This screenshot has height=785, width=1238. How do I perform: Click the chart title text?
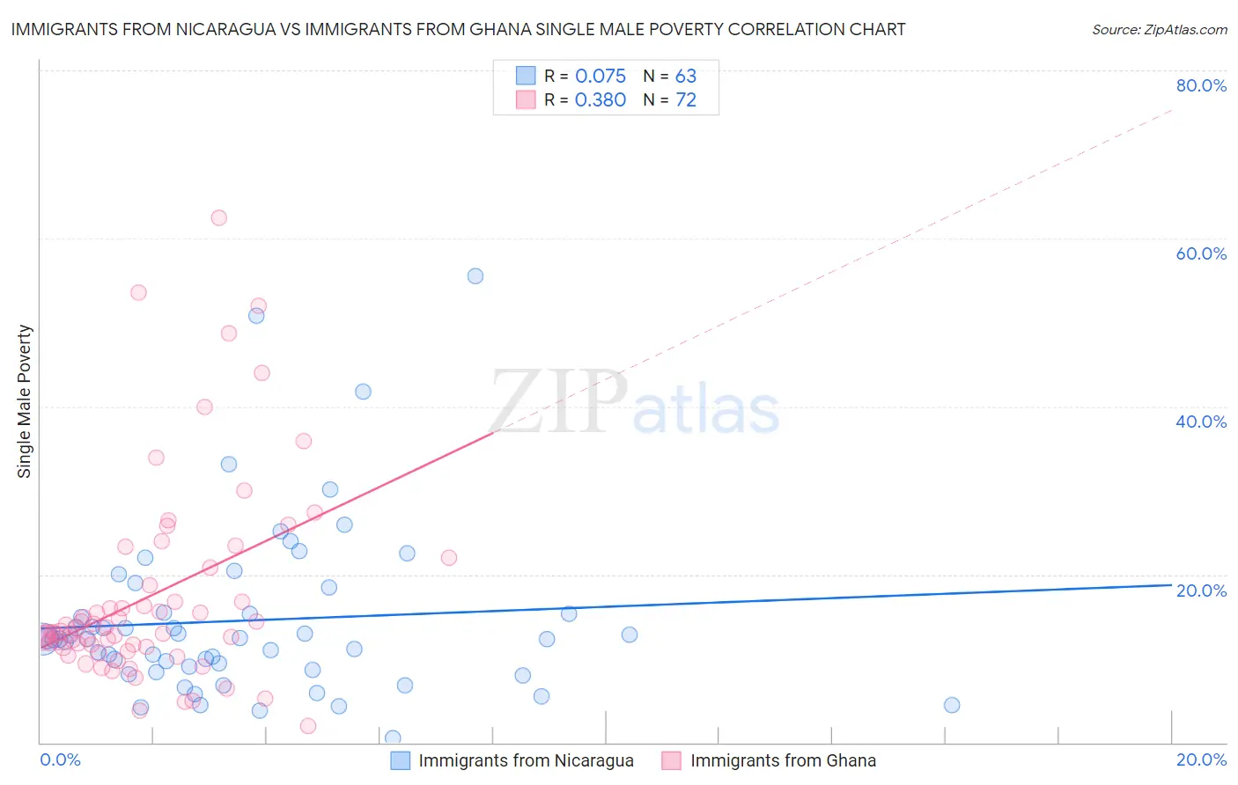pos(458,29)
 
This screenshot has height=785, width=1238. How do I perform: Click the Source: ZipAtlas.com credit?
pos(1159,29)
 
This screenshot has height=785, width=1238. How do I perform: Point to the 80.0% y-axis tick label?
pos(1201,85)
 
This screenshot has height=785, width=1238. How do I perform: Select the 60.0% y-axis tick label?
pos(1201,253)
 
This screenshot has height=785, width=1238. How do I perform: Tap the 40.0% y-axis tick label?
pos(1201,422)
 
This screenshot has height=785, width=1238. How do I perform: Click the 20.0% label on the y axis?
pos(1201,590)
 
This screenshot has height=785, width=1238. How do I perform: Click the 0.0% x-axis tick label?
pos(60,759)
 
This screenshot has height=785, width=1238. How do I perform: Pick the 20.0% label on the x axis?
pos(1201,759)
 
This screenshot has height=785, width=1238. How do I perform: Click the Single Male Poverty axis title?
pos(25,401)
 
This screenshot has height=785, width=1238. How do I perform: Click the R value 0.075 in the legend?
pos(601,77)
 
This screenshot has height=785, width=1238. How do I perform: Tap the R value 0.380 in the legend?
pos(601,100)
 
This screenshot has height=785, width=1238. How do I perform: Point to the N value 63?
pos(685,77)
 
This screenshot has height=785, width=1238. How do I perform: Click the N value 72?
pos(685,100)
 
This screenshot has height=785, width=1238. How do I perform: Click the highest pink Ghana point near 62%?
pos(218,217)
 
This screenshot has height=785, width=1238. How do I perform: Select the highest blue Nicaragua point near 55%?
pos(475,275)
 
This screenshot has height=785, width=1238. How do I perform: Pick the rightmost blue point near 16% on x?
pos(951,705)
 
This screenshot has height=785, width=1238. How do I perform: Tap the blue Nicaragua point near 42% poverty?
pos(363,392)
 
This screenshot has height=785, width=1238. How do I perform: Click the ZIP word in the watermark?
pos(558,403)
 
